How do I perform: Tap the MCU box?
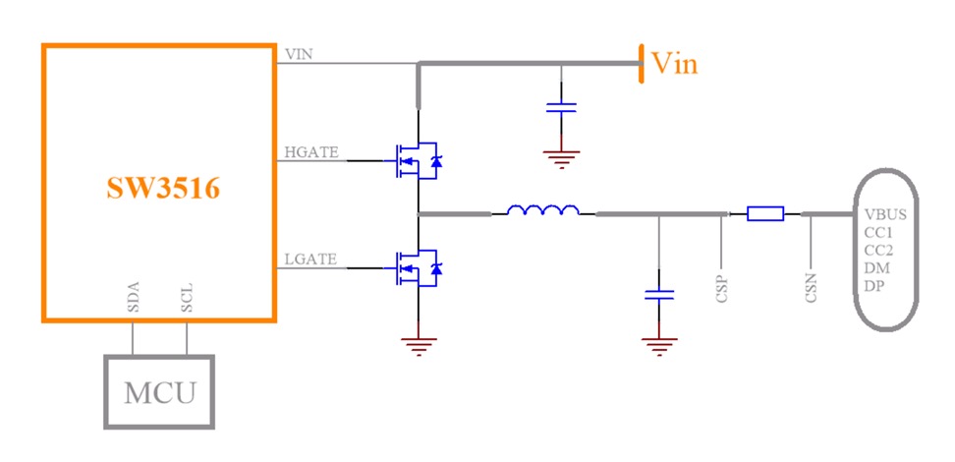coord(160,392)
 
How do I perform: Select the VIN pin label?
coord(298,54)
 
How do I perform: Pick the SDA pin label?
coord(133,297)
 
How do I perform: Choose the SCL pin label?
coord(187,297)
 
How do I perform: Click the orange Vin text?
coord(675,64)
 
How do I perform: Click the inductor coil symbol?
coord(542,209)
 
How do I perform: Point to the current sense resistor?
coord(765,213)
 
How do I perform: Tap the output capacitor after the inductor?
coord(658,293)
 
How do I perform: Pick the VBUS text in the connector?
coord(885,214)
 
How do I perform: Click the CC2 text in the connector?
coord(878,250)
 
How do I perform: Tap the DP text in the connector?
coord(874,285)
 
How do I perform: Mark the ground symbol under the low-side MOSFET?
coord(420,344)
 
